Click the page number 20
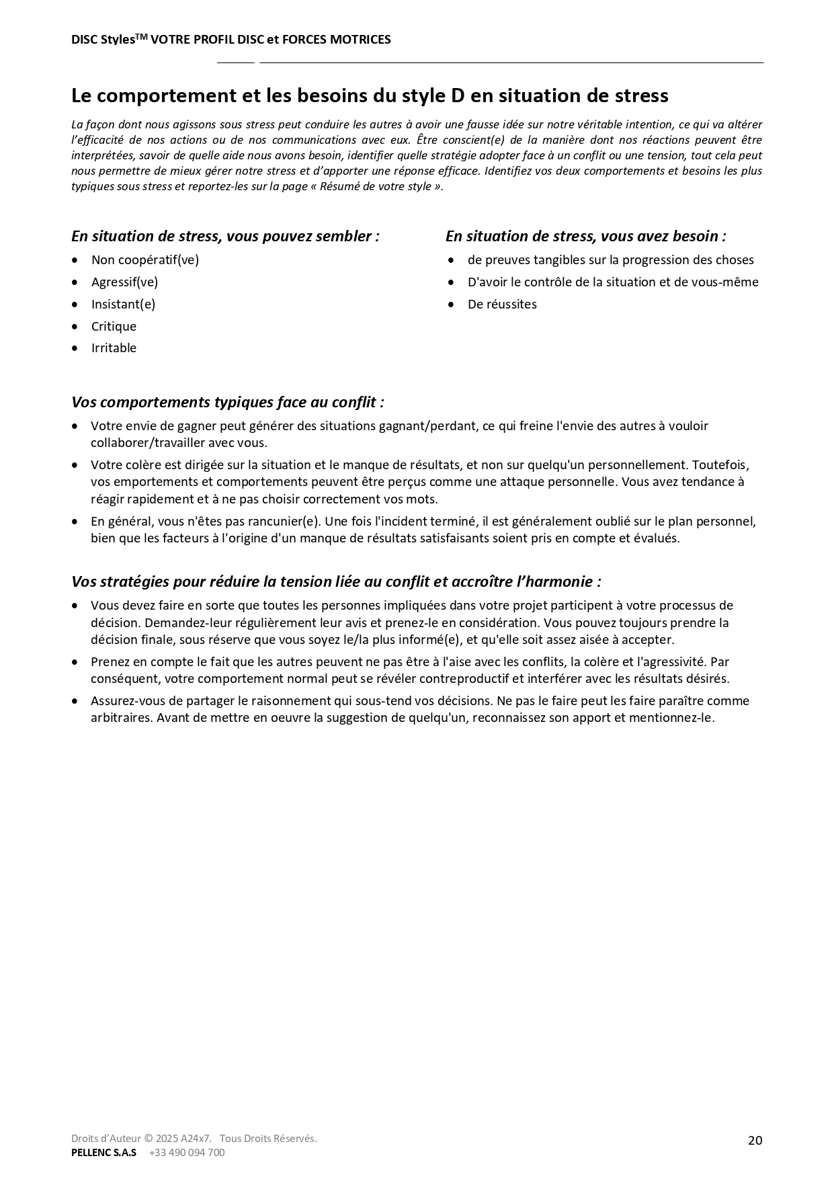(755, 1140)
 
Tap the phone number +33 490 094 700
(187, 1152)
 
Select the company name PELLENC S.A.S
(103, 1152)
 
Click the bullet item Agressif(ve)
(124, 282)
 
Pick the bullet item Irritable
(114, 348)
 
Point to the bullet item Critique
(114, 326)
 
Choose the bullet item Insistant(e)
(123, 304)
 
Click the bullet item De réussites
(502, 304)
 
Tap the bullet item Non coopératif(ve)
(145, 259)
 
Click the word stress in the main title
(642, 95)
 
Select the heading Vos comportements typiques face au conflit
(228, 402)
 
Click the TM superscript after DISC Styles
(141, 36)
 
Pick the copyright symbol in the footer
(149, 1138)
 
